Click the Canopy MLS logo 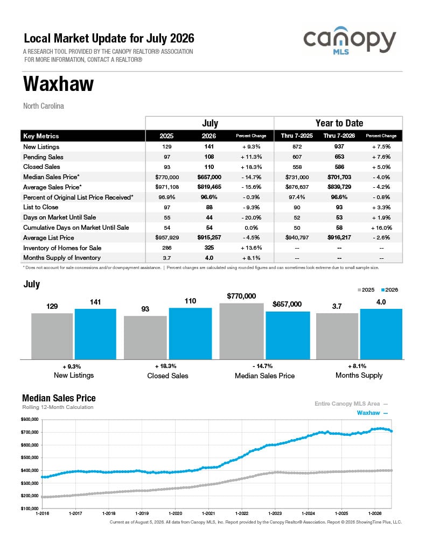[x=350, y=40]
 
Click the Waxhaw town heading [x=58, y=83]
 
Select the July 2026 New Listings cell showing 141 [x=209, y=146]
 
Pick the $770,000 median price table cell [x=167, y=177]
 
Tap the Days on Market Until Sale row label [x=59, y=217]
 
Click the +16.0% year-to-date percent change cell [x=381, y=228]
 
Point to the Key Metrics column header [x=41, y=136]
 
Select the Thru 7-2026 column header [x=339, y=136]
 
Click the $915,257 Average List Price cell [x=209, y=237]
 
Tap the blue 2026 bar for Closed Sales [x=190, y=334]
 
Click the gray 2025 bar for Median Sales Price [x=241, y=331]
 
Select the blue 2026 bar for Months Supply [x=381, y=334]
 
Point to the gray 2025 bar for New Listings [x=52, y=336]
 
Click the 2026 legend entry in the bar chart [x=389, y=290]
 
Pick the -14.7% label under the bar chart [x=262, y=366]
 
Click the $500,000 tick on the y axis [x=30, y=457]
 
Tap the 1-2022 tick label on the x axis [x=242, y=513]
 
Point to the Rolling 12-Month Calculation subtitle [x=58, y=407]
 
